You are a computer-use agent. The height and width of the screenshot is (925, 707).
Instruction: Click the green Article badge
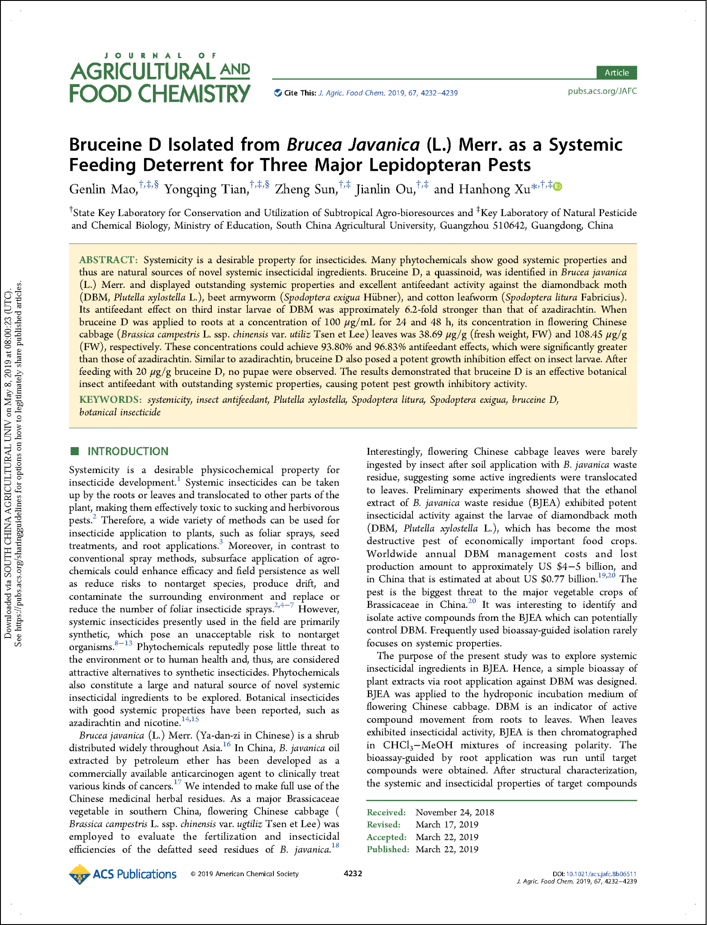[x=616, y=72]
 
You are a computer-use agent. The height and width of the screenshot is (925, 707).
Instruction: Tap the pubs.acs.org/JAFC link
[x=602, y=91]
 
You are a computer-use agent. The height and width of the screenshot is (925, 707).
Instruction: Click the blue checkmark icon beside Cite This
[x=278, y=93]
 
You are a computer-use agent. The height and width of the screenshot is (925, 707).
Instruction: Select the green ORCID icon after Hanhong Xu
[x=558, y=187]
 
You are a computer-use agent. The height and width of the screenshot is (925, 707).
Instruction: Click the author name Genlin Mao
[x=103, y=189]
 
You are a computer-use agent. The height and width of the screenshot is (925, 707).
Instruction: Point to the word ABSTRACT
[x=108, y=260]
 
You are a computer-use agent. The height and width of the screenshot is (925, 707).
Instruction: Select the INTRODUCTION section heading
[x=128, y=451]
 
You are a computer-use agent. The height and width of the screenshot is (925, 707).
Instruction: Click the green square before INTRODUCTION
[x=74, y=451]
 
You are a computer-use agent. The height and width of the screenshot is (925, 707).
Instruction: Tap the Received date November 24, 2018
[x=454, y=812]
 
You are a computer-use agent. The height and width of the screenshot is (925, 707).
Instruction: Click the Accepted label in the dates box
[x=386, y=837]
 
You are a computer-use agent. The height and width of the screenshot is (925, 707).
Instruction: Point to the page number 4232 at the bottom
[x=353, y=874]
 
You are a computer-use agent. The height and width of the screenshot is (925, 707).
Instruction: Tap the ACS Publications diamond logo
[x=80, y=874]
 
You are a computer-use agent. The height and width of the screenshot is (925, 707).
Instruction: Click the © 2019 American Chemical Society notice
[x=245, y=874]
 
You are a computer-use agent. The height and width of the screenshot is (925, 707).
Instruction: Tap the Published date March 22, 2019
[x=447, y=849]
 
